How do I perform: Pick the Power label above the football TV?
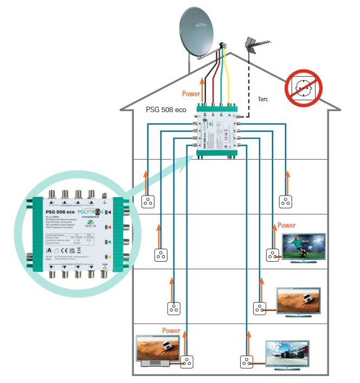click(x=286, y=225)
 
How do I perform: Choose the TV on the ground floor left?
click(x=157, y=350)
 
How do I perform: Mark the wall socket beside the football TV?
click(x=272, y=254)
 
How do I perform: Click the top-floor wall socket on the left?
click(x=147, y=202)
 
